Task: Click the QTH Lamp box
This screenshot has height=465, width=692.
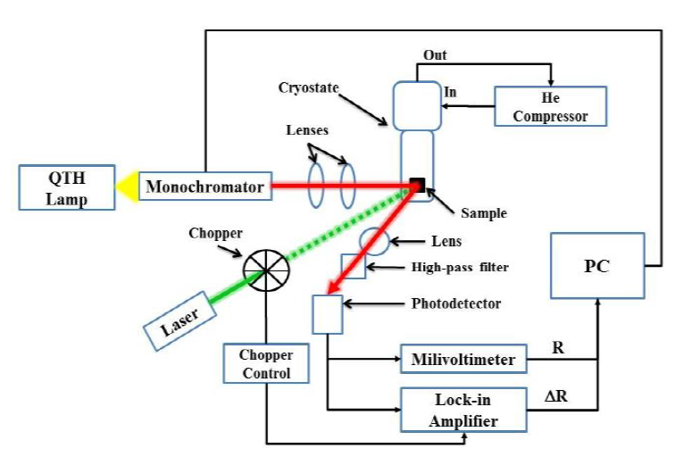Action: tap(68, 187)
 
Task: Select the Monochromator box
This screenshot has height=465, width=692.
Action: tap(205, 187)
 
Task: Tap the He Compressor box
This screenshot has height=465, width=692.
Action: tap(549, 105)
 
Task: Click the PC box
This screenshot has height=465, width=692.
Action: tap(596, 265)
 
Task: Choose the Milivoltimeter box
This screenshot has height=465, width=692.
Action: tap(463, 360)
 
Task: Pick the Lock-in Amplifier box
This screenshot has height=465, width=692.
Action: tap(463, 410)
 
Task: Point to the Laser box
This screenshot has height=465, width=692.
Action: tap(179, 318)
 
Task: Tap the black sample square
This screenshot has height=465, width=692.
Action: tap(417, 186)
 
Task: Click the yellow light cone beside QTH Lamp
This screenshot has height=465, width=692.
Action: tap(127, 187)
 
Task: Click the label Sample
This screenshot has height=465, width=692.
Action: tap(483, 213)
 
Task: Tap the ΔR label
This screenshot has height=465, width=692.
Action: tap(556, 394)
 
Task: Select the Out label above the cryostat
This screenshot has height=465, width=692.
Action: tap(436, 55)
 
